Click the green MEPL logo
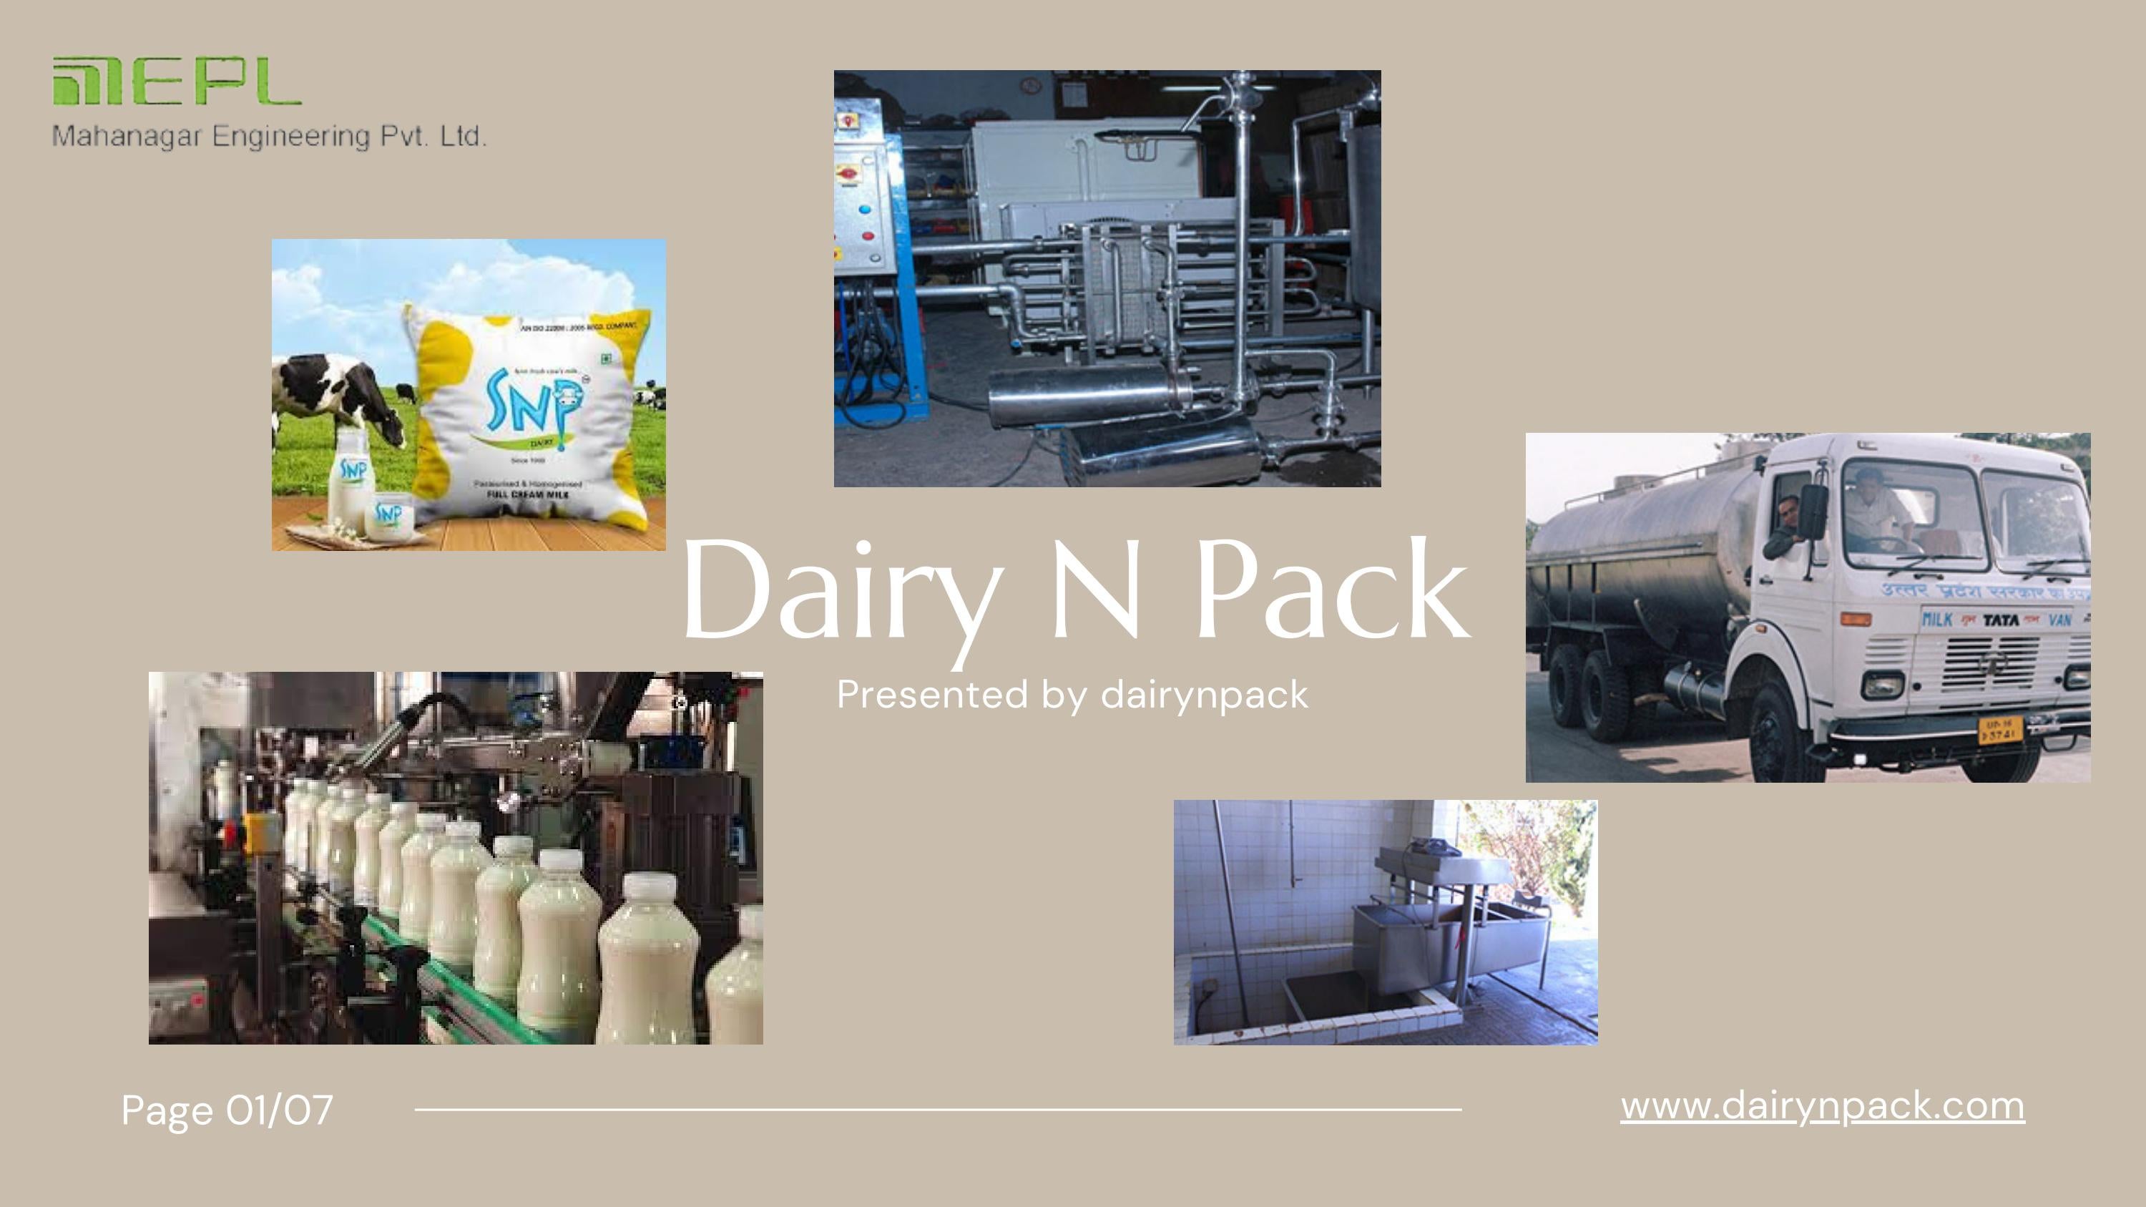click(x=176, y=82)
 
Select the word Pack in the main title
click(x=1331, y=590)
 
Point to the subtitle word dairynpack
click(x=1204, y=695)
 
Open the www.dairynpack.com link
click(x=1822, y=1106)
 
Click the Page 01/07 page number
click(x=227, y=1110)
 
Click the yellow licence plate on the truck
click(x=2000, y=730)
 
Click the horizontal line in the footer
click(x=937, y=1110)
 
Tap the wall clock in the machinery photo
click(x=1031, y=85)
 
